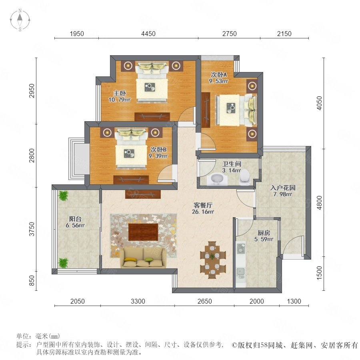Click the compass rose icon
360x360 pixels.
tap(20, 20)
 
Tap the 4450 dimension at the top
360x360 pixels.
tap(148, 34)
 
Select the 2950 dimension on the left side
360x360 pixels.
tap(32, 91)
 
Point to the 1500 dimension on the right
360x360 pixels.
tap(319, 273)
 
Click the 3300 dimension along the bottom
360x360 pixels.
tap(138, 301)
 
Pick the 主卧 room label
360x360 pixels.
tap(120, 94)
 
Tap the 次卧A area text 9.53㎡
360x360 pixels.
tap(218, 81)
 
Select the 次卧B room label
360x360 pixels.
tap(158, 150)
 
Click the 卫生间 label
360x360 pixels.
tap(232, 164)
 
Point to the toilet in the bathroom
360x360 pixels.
tap(244, 177)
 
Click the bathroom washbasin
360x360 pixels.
tap(217, 179)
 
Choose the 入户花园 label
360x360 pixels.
tap(283, 188)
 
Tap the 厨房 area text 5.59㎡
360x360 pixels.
tap(264, 239)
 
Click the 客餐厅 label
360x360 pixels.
tap(203, 205)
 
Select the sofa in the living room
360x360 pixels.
tap(143, 258)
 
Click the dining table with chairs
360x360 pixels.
tap(213, 260)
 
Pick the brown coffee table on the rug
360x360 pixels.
tap(143, 232)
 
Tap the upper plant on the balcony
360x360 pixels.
tap(63, 196)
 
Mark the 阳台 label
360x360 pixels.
tap(75, 219)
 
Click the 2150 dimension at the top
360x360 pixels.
tap(284, 34)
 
